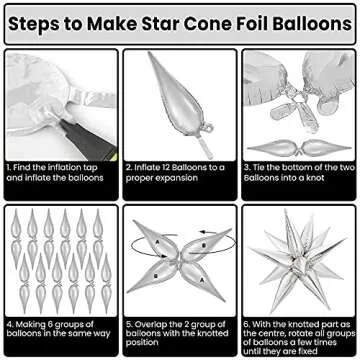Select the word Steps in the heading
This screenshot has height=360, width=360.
point(39,22)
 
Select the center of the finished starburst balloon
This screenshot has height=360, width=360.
point(297,261)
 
